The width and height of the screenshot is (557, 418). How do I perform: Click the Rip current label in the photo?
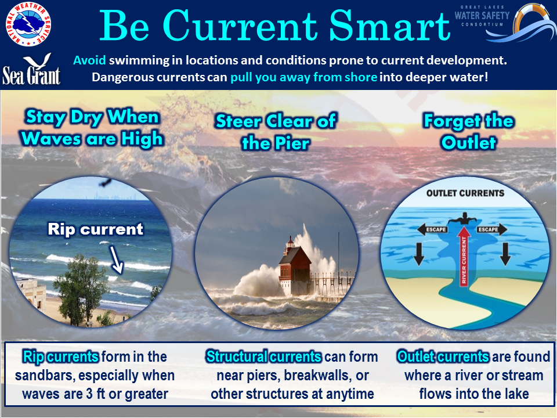coord(95,229)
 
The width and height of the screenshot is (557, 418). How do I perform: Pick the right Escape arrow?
coord(492,230)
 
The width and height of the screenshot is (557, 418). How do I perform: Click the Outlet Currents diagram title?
coord(465,193)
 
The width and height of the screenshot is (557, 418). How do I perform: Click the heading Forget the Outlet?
coord(468,132)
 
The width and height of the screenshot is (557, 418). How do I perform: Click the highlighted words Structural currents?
coord(263,356)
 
